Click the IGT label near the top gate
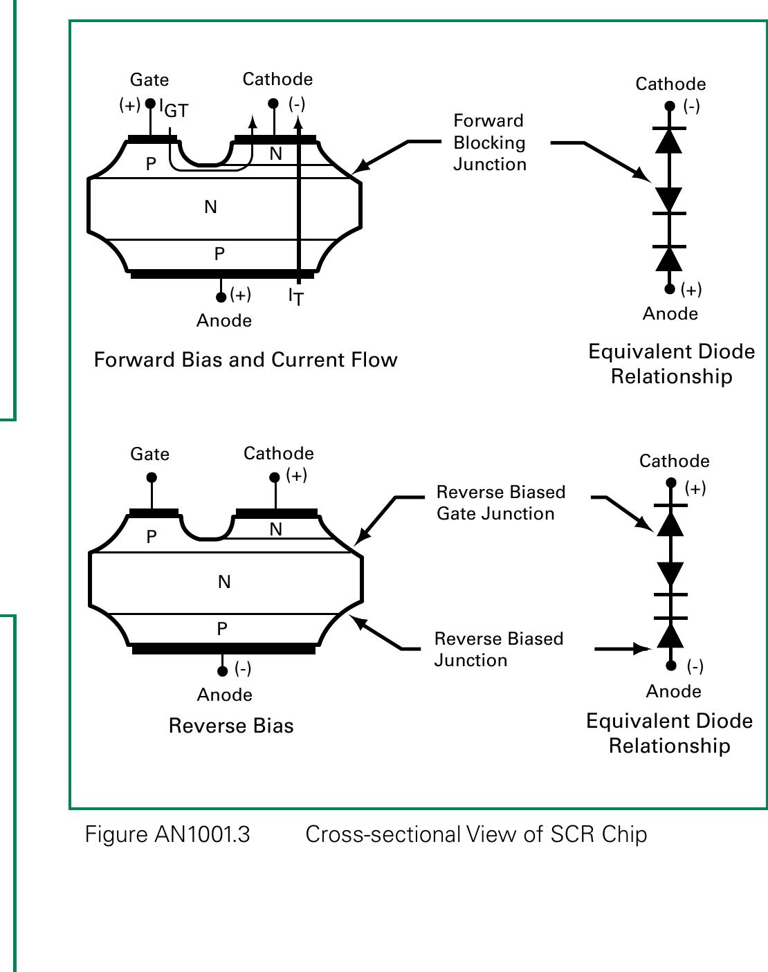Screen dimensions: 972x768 [174, 109]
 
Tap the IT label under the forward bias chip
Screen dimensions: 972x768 [295, 297]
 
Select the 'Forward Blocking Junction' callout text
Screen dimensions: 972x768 [489, 143]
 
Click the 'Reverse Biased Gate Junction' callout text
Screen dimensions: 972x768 [500, 503]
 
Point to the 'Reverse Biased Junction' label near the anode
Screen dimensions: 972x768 [498, 649]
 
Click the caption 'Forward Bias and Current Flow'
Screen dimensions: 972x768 [246, 360]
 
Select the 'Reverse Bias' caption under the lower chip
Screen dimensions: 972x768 [231, 726]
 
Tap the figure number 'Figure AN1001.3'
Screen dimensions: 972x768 [167, 834]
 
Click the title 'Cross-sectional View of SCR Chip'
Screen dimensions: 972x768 [476, 834]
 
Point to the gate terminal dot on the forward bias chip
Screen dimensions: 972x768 [150, 104]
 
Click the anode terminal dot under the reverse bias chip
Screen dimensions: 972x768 [222, 671]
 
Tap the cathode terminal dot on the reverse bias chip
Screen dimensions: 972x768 [275, 477]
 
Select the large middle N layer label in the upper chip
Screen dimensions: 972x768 [211, 207]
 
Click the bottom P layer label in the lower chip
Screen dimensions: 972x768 [222, 629]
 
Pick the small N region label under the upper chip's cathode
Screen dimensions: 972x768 [275, 154]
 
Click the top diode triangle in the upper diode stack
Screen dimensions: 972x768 [669, 140]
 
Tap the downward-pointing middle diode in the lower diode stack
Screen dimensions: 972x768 [670, 574]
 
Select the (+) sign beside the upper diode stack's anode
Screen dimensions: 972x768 [691, 289]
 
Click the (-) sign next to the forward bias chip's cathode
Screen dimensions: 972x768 [297, 104]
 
